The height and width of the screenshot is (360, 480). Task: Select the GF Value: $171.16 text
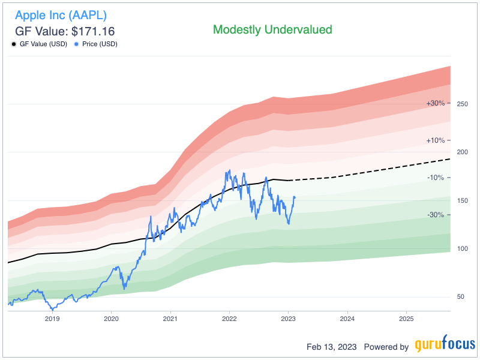[x=64, y=31]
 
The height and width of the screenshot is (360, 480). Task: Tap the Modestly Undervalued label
[x=272, y=29]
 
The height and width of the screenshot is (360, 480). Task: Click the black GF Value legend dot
[x=14, y=44]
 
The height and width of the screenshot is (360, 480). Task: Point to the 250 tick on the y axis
[x=461, y=104]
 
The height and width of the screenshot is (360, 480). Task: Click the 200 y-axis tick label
[x=461, y=152]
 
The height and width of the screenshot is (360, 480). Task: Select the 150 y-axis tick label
[x=461, y=200]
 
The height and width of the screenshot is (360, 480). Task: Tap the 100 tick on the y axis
[x=461, y=248]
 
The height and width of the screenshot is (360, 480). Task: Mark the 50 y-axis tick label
[x=461, y=297]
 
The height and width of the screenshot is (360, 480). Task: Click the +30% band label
[x=436, y=103]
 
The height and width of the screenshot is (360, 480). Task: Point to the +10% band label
[x=436, y=140]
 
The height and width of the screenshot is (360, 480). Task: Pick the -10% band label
[x=436, y=178]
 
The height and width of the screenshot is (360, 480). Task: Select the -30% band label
[x=436, y=215]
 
